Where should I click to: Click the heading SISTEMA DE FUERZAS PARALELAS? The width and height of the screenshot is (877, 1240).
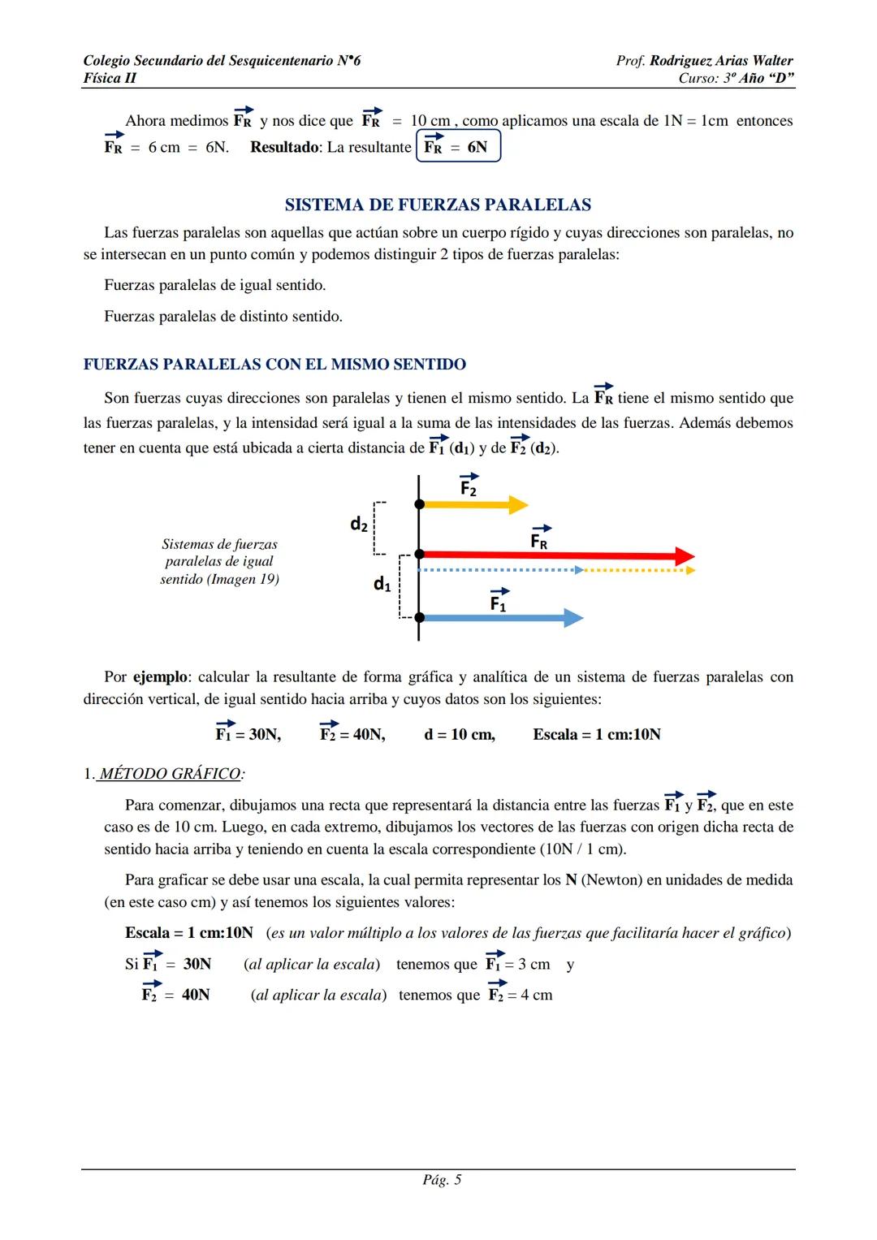pyautogui.click(x=438, y=205)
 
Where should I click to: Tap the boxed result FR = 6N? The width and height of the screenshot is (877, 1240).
pyautogui.click(x=458, y=147)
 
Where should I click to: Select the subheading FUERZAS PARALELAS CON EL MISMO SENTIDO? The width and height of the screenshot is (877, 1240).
pyautogui.click(x=274, y=365)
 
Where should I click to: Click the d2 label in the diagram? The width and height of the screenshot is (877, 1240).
pyautogui.click(x=359, y=525)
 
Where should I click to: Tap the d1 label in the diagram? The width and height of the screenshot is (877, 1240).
pyautogui.click(x=382, y=583)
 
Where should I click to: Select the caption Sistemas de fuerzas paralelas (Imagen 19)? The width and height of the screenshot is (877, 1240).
pyautogui.click(x=219, y=562)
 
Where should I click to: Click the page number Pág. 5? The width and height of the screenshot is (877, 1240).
pyautogui.click(x=442, y=1180)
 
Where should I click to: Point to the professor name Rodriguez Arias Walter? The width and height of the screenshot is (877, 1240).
pyautogui.click(x=721, y=61)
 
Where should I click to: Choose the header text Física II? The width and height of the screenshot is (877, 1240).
pyautogui.click(x=110, y=78)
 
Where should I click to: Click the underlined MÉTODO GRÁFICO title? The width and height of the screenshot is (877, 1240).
pyautogui.click(x=170, y=774)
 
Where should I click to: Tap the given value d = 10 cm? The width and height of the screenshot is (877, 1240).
pyautogui.click(x=460, y=735)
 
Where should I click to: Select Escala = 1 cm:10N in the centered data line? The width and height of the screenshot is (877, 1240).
pyautogui.click(x=597, y=735)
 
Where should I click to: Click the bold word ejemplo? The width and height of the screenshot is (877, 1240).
pyautogui.click(x=161, y=677)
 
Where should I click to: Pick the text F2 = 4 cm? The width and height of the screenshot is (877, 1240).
pyautogui.click(x=520, y=995)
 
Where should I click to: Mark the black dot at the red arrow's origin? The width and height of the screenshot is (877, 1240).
pyautogui.click(x=419, y=554)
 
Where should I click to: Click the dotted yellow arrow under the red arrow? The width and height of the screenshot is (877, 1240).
pyautogui.click(x=638, y=570)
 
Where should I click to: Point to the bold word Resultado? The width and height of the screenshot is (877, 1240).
pyautogui.click(x=285, y=147)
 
